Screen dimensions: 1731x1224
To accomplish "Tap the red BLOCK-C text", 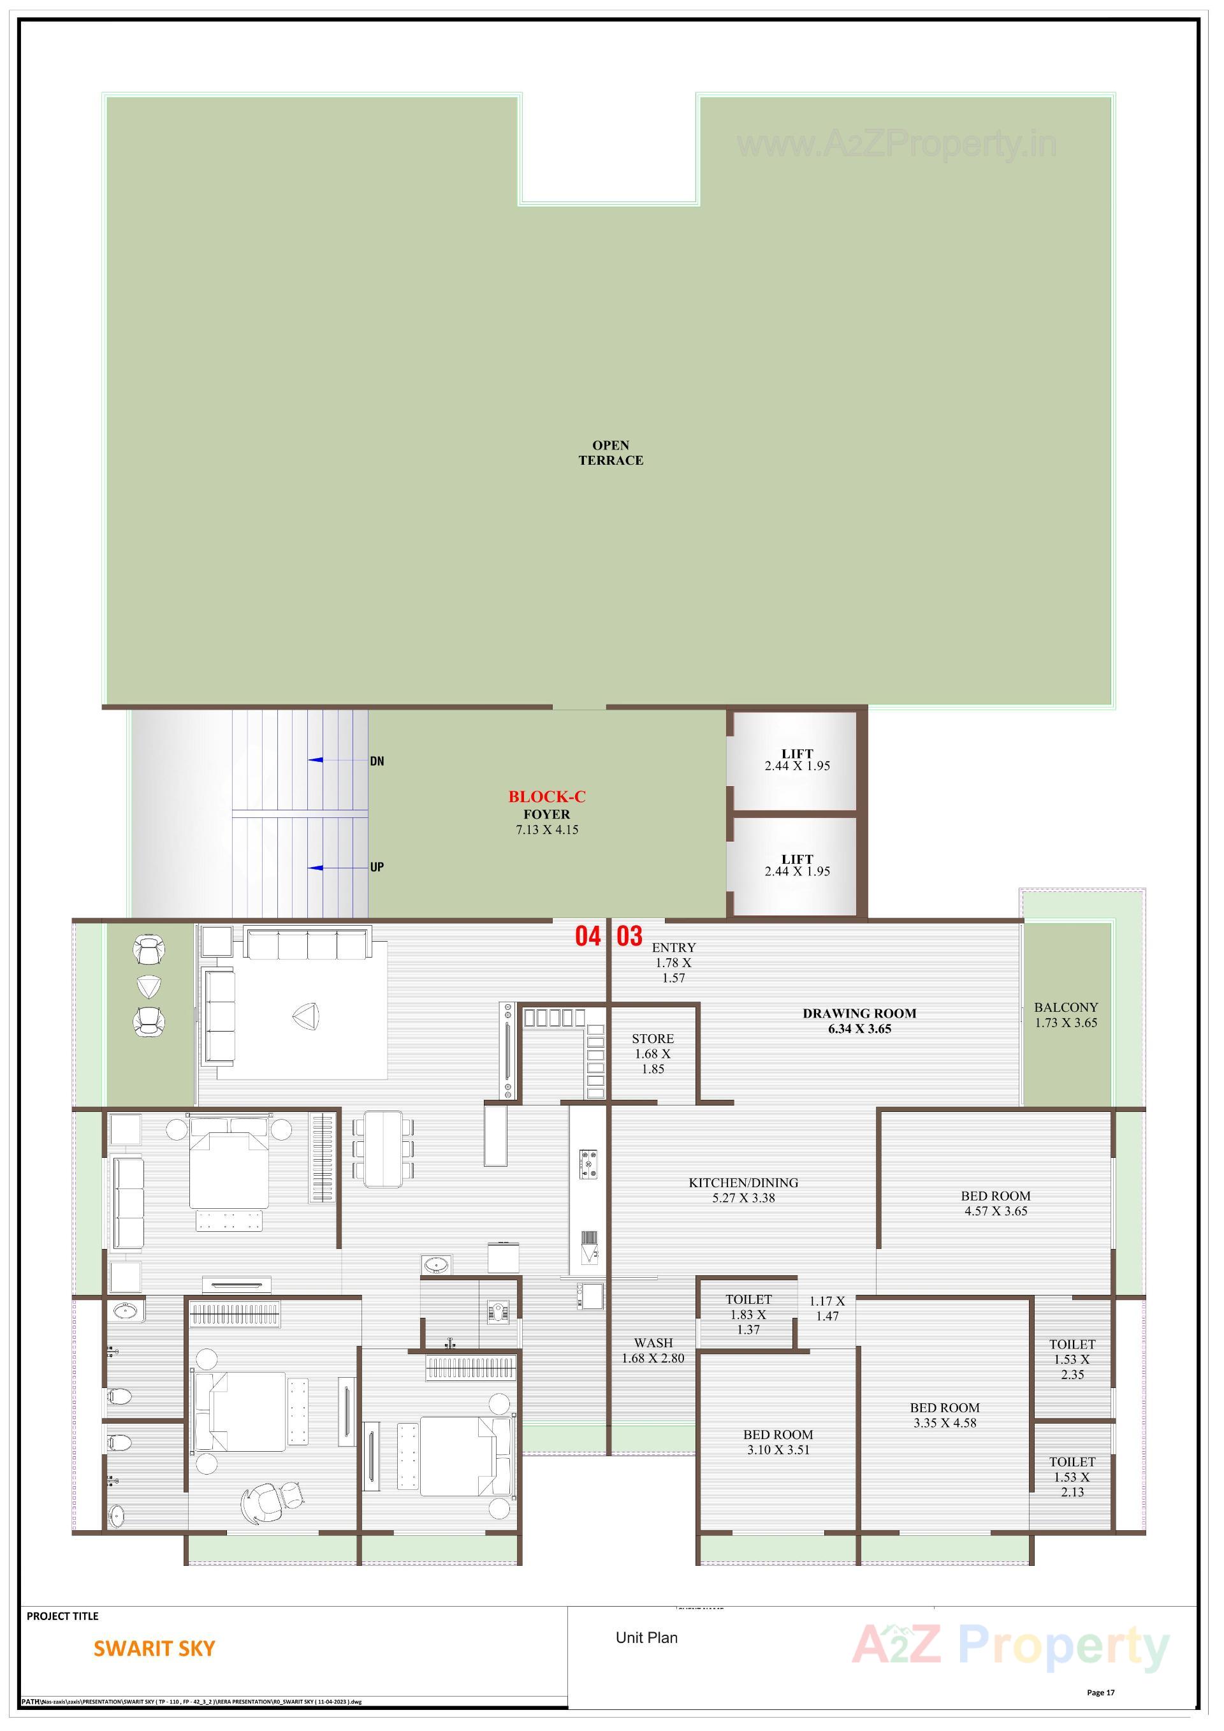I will point(546,796).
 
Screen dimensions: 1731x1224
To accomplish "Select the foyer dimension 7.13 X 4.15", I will point(546,830).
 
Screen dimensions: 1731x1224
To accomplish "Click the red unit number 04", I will point(588,937).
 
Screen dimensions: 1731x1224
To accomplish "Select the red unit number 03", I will point(629,937).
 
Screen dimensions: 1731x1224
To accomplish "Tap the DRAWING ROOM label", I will point(859,1013).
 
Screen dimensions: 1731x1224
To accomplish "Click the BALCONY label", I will point(1066,1007).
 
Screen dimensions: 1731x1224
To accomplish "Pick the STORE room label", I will point(653,1039).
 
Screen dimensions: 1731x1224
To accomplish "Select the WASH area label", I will point(653,1343).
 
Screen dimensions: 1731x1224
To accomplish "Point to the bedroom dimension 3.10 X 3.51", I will point(778,1450).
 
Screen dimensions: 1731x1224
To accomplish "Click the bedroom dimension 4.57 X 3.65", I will point(996,1211).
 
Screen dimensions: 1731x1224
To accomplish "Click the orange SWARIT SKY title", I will point(154,1649).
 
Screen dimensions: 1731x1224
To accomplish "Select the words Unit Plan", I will point(646,1637).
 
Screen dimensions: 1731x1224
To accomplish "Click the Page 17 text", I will point(1100,1693).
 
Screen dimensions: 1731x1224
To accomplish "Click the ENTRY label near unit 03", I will point(674,947).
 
